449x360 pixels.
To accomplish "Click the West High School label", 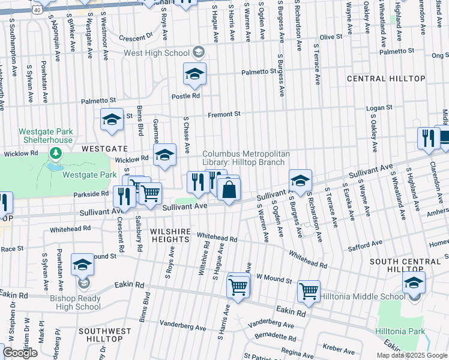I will click(x=157, y=53).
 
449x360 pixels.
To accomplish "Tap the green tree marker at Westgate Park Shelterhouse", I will click(x=57, y=154).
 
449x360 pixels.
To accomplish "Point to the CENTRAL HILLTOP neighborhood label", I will click(x=386, y=79).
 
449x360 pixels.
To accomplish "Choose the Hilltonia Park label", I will click(x=400, y=332).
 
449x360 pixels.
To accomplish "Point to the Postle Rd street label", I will click(x=185, y=96).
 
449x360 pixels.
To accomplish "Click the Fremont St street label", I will click(x=224, y=114).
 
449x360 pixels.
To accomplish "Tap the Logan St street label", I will click(x=379, y=107).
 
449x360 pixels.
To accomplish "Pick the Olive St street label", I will click(x=331, y=37).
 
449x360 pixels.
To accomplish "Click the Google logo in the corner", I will click(x=20, y=353).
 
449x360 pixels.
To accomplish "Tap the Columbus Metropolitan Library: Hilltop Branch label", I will click(x=246, y=158).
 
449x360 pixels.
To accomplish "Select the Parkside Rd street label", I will click(x=91, y=194).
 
